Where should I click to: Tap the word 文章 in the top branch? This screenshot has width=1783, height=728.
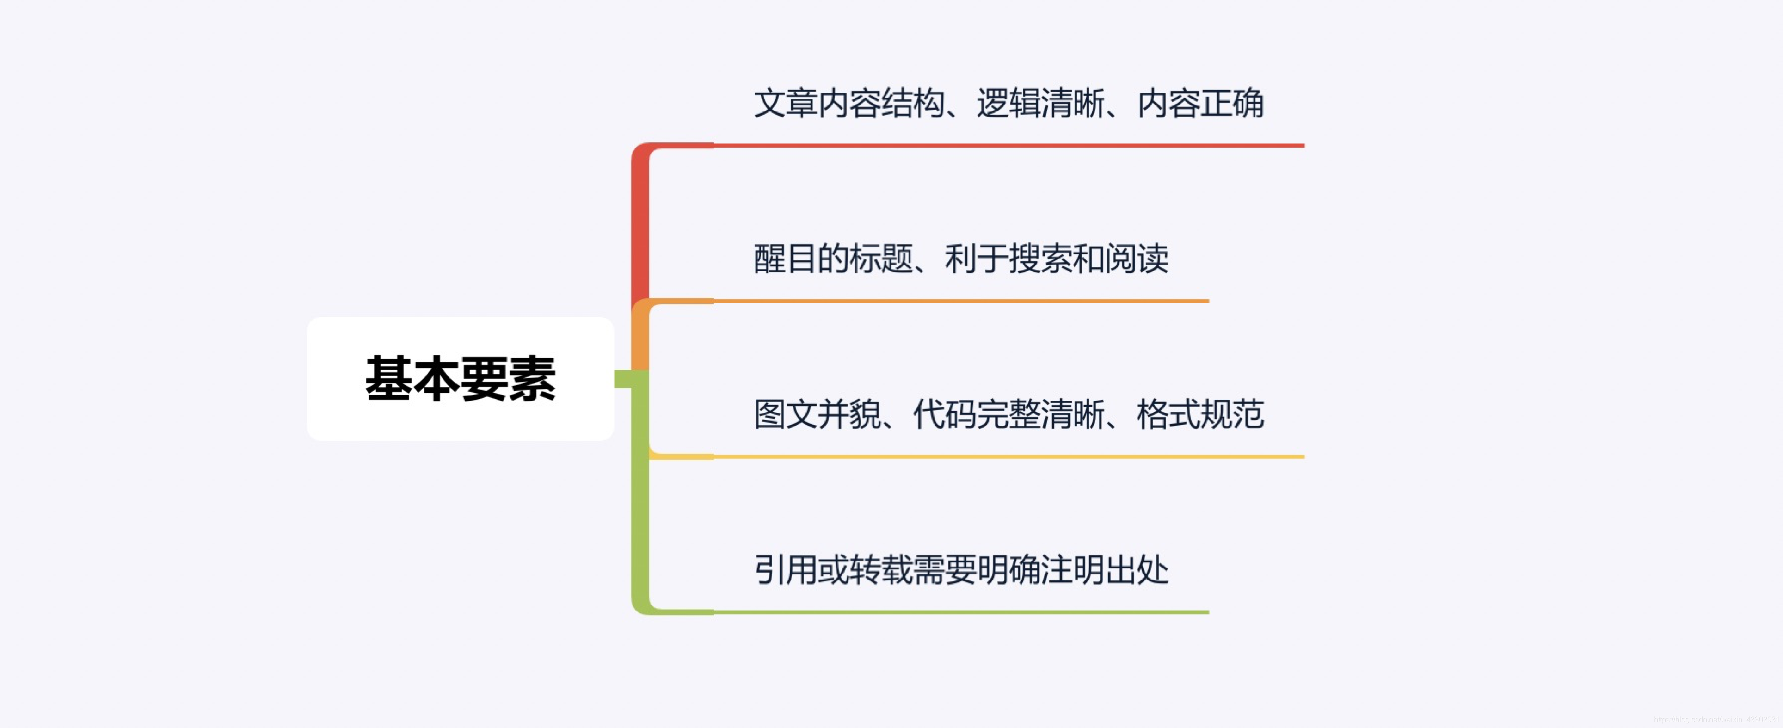pyautogui.click(x=786, y=104)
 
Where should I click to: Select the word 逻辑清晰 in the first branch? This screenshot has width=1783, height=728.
pyautogui.click(x=1040, y=104)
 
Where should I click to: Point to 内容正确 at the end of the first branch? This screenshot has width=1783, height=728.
pyautogui.click(x=1200, y=104)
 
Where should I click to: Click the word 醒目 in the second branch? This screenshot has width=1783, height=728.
pyautogui.click(x=786, y=259)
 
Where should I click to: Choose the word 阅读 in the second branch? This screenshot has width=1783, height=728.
pyautogui.click(x=1137, y=259)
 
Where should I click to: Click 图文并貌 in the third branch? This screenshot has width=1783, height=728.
pyautogui.click(x=817, y=415)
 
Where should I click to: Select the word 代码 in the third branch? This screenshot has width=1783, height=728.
pyautogui.click(x=944, y=415)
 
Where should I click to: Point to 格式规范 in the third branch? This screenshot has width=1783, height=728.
pyautogui.click(x=1200, y=415)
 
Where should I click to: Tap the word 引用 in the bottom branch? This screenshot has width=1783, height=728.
pyautogui.click(x=786, y=571)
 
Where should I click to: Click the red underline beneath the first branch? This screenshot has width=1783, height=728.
pyautogui.click(x=1003, y=146)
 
